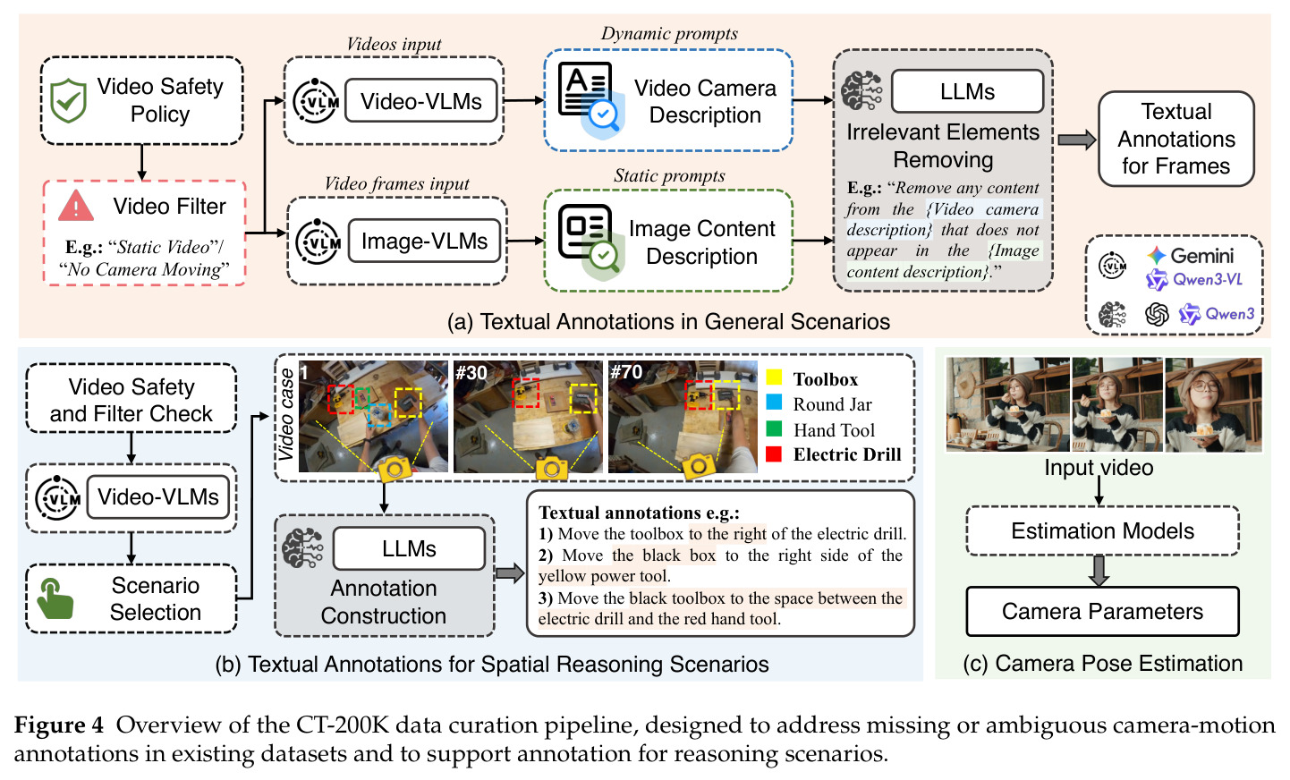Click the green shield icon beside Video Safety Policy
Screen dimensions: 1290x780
[69, 101]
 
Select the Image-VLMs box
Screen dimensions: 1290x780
[424, 241]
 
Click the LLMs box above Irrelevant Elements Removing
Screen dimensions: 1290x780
[968, 91]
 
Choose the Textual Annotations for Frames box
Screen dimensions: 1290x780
[1176, 139]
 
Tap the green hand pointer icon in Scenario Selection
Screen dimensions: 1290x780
[55, 598]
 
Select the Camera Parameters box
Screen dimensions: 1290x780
[1102, 611]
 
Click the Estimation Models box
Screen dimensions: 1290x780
[1102, 530]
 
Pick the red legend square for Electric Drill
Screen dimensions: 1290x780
[774, 454]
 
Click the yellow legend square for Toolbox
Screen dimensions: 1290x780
[774, 377]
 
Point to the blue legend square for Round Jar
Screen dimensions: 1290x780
[774, 403]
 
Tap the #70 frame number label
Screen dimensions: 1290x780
[626, 372]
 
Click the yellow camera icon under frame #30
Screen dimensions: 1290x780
[551, 468]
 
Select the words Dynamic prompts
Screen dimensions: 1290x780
[669, 33]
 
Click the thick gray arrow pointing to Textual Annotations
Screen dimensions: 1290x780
[1077, 140]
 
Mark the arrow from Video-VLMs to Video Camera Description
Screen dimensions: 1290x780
[523, 101]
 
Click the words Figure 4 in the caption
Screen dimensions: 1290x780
[59, 725]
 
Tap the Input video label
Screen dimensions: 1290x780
[1099, 468]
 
